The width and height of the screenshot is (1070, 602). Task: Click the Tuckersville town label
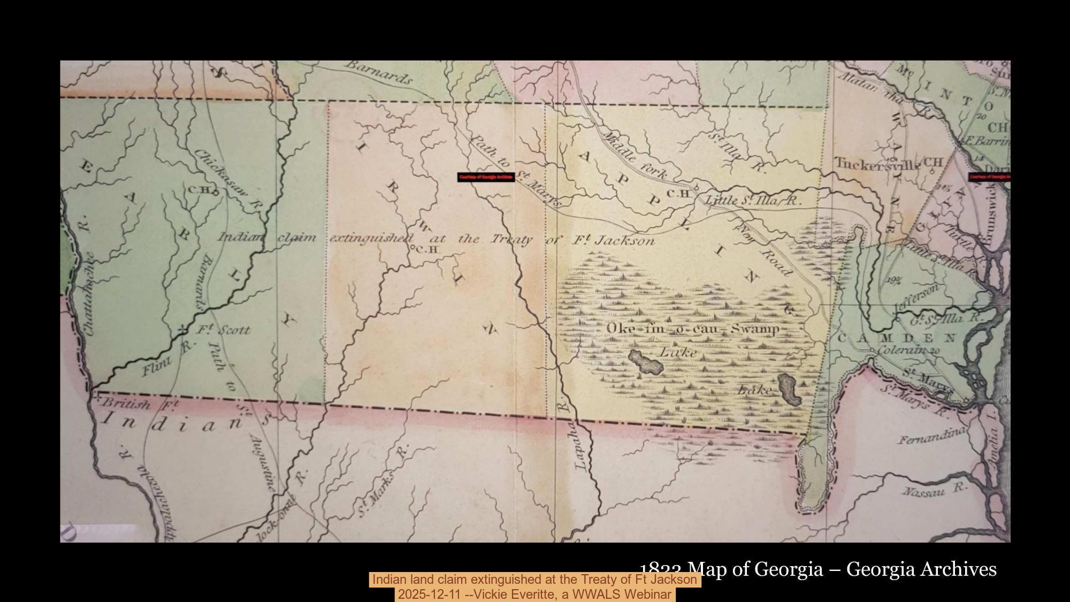876,164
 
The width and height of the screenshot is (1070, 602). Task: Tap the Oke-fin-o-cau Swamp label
693,329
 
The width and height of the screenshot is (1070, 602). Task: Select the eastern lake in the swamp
789,390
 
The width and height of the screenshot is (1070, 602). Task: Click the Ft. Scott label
222,330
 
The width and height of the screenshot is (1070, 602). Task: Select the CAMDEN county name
896,338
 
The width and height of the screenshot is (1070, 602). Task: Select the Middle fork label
635,155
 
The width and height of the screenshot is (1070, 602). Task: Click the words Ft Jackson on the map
614,240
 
